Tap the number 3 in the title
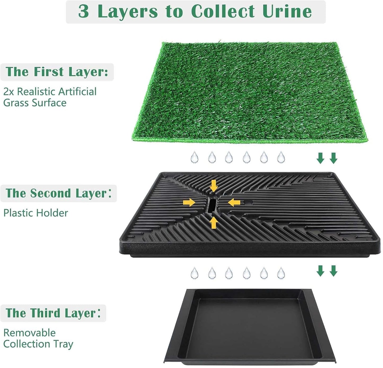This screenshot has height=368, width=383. pyautogui.click(x=83, y=11)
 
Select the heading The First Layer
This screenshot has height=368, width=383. pyautogui.click(x=57, y=72)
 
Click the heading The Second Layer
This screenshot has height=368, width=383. pyautogui.click(x=58, y=193)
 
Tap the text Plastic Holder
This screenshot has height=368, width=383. pyautogui.click(x=36, y=213)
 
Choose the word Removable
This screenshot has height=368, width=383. pyautogui.click(x=29, y=333)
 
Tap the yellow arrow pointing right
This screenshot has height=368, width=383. pyautogui.click(x=189, y=203)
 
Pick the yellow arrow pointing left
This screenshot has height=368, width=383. pyautogui.click(x=234, y=203)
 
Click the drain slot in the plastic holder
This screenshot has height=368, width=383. pyautogui.click(x=212, y=206)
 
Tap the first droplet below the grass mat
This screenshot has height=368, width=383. pyautogui.click(x=194, y=157)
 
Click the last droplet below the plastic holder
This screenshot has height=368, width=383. pyautogui.click(x=281, y=273)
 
